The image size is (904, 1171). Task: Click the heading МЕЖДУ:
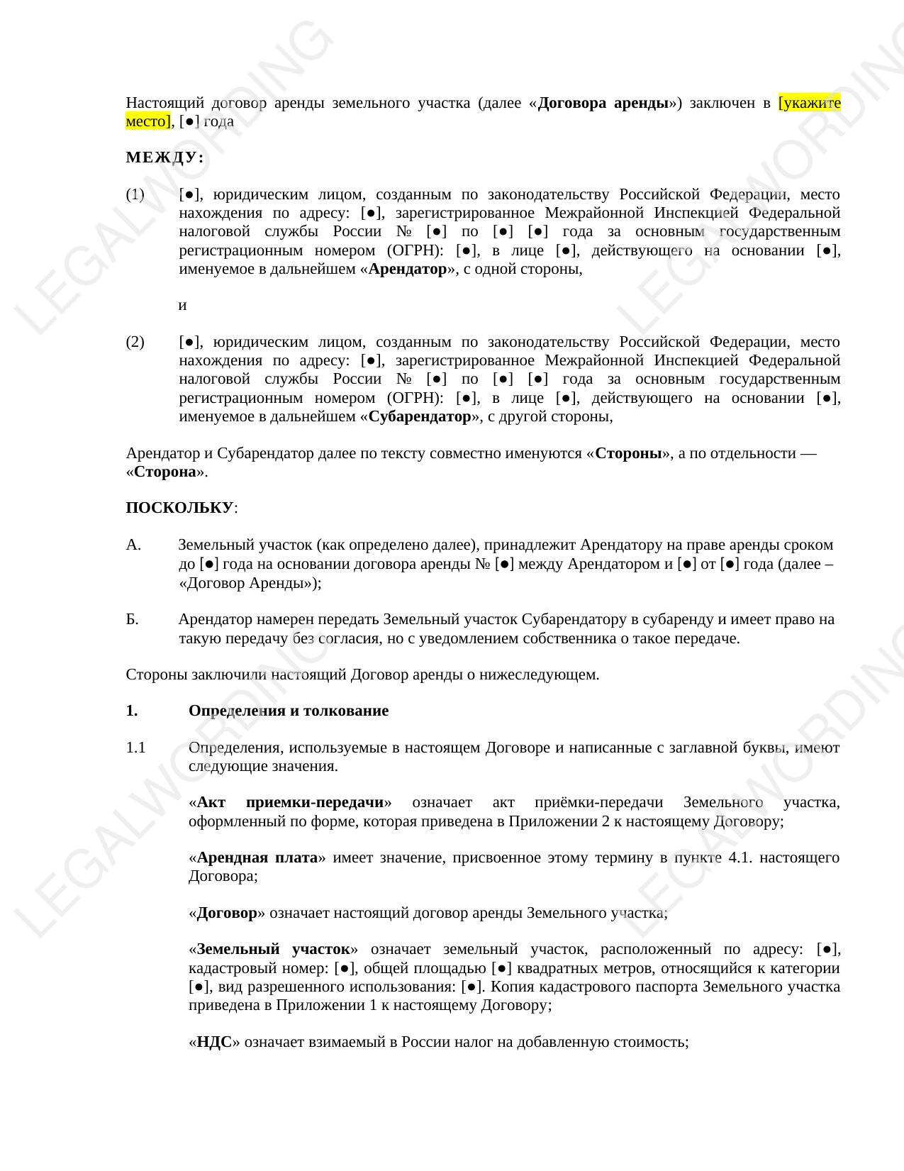(164, 157)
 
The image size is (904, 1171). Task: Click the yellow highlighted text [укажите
(809, 103)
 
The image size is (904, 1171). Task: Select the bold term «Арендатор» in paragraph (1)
(408, 269)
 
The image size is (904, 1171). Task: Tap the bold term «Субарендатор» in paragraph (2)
(420, 416)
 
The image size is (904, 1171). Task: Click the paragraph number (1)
(135, 194)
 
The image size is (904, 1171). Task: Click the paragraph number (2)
(135, 342)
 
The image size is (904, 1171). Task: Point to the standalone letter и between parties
(182, 305)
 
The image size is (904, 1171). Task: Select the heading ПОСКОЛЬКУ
(179, 508)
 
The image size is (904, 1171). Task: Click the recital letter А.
(133, 545)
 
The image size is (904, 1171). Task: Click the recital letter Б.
(133, 619)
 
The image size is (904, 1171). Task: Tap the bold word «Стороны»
(628, 453)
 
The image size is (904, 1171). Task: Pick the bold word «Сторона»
(165, 472)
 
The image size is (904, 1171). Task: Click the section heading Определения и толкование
(288, 711)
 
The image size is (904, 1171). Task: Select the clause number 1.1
(135, 748)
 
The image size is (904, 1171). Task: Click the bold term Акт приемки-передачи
(290, 802)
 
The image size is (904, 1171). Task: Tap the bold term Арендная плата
(257, 858)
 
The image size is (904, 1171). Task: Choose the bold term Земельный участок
(273, 949)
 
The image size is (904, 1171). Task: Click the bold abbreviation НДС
(214, 1042)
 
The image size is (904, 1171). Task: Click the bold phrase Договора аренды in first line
(603, 103)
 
